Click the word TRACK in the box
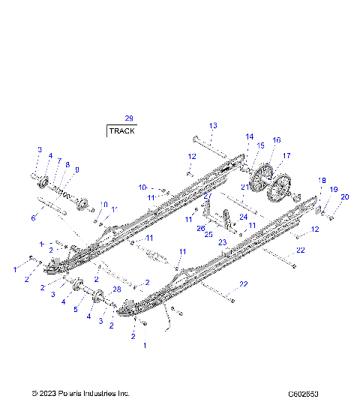[x=122, y=130]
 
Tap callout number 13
[x=213, y=125]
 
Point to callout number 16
[x=277, y=140]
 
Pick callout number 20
[x=345, y=197]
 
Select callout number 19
[x=334, y=190]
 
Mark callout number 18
[x=322, y=181]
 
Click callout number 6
[x=33, y=218]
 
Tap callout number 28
[x=117, y=289]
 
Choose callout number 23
[x=222, y=242]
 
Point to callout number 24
[x=243, y=217]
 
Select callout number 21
[x=244, y=186]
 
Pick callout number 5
[x=74, y=308]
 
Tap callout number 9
[x=76, y=170]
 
